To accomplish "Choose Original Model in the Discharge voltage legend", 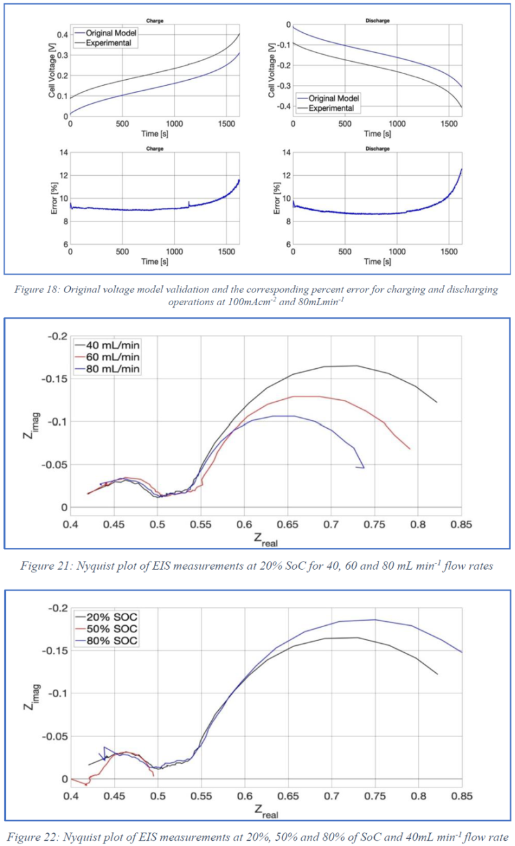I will tap(333, 98).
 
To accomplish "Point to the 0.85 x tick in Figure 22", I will tap(461, 796).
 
